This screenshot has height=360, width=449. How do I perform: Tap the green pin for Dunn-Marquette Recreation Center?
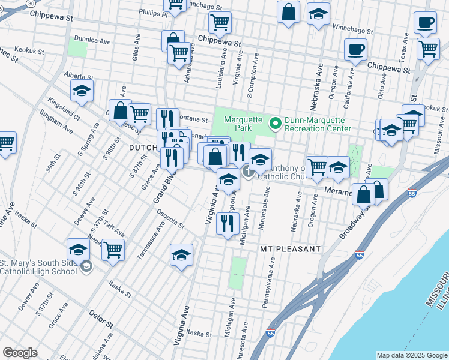pos(276,124)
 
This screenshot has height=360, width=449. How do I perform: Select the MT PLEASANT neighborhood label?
pos(291,248)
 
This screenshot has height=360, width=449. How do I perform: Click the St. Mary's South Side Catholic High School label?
pos(39,267)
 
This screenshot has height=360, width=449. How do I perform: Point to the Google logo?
pos(20,353)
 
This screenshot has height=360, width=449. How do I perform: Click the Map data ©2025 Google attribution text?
pos(411,355)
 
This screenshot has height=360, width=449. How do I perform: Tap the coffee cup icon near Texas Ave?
pos(425,23)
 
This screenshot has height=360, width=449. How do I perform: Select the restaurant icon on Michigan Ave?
pos(228,224)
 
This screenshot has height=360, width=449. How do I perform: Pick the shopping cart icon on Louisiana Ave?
pos(220,23)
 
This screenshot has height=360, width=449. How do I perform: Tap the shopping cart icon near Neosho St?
pos(113,249)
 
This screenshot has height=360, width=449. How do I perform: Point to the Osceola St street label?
pos(170,219)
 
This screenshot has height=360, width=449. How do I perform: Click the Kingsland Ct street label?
pos(64,109)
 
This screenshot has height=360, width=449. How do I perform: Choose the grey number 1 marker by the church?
pos(249,173)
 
